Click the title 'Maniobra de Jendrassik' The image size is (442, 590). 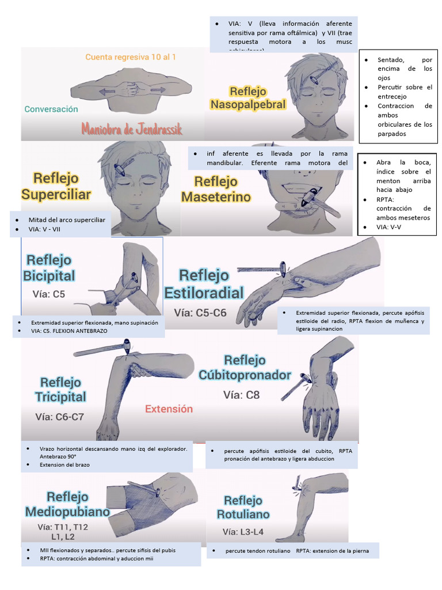click(x=132, y=128)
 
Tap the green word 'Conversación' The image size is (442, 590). click(x=51, y=109)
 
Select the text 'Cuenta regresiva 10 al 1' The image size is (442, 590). click(x=131, y=57)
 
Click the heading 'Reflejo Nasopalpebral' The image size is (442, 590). click(x=247, y=98)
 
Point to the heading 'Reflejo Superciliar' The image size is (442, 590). click(x=56, y=186)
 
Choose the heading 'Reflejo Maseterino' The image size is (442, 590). click(x=216, y=190)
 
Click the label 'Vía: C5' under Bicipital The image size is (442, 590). click(x=49, y=294)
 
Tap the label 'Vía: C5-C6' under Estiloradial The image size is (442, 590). click(x=200, y=313)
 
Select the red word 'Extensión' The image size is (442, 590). click(x=169, y=409)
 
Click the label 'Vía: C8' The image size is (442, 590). click(x=241, y=395)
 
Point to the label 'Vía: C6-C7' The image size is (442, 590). click(x=59, y=417)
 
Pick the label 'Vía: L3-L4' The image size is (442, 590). click(x=242, y=532)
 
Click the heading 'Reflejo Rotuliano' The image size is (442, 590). click(x=243, y=507)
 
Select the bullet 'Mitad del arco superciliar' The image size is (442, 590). click(x=67, y=220)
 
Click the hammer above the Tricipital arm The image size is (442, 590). click(x=104, y=349)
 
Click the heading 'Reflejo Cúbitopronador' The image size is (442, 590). click(x=245, y=368)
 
